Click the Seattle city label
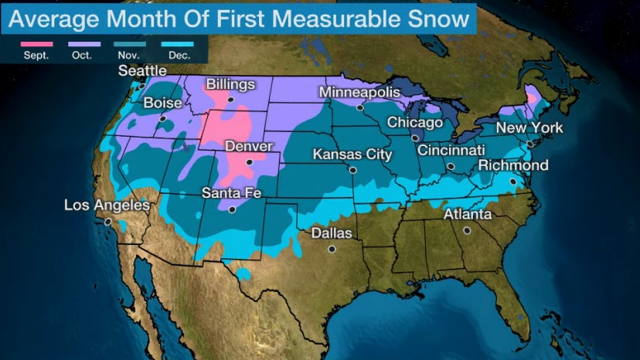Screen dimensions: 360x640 (x=142, y=71)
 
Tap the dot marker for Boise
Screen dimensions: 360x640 (x=164, y=119)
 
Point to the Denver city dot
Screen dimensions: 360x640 (x=250, y=162)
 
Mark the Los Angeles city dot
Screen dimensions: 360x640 (x=109, y=221)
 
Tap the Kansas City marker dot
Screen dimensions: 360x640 (x=352, y=170)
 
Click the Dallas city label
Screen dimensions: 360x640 (x=331, y=233)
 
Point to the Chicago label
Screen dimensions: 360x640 (x=414, y=122)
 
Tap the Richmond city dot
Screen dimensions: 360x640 (x=513, y=182)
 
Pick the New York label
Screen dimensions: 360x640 (x=529, y=127)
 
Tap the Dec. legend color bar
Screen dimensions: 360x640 (x=178, y=45)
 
